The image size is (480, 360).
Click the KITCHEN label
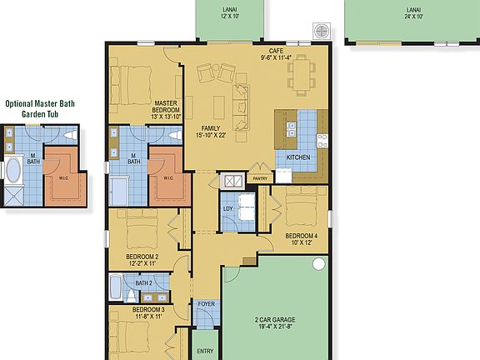click(298, 157)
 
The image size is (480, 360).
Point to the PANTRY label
click(260, 177)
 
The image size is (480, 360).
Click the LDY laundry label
click(227, 209)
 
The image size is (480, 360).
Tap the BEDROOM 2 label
click(142, 257)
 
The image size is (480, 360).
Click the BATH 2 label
click(143, 283)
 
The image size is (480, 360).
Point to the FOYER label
click(206, 304)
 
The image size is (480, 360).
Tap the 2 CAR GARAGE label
click(275, 319)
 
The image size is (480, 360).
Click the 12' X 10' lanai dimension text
click(230, 16)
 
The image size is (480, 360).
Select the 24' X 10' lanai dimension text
click(413, 16)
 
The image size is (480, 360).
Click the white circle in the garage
click(318, 264)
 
